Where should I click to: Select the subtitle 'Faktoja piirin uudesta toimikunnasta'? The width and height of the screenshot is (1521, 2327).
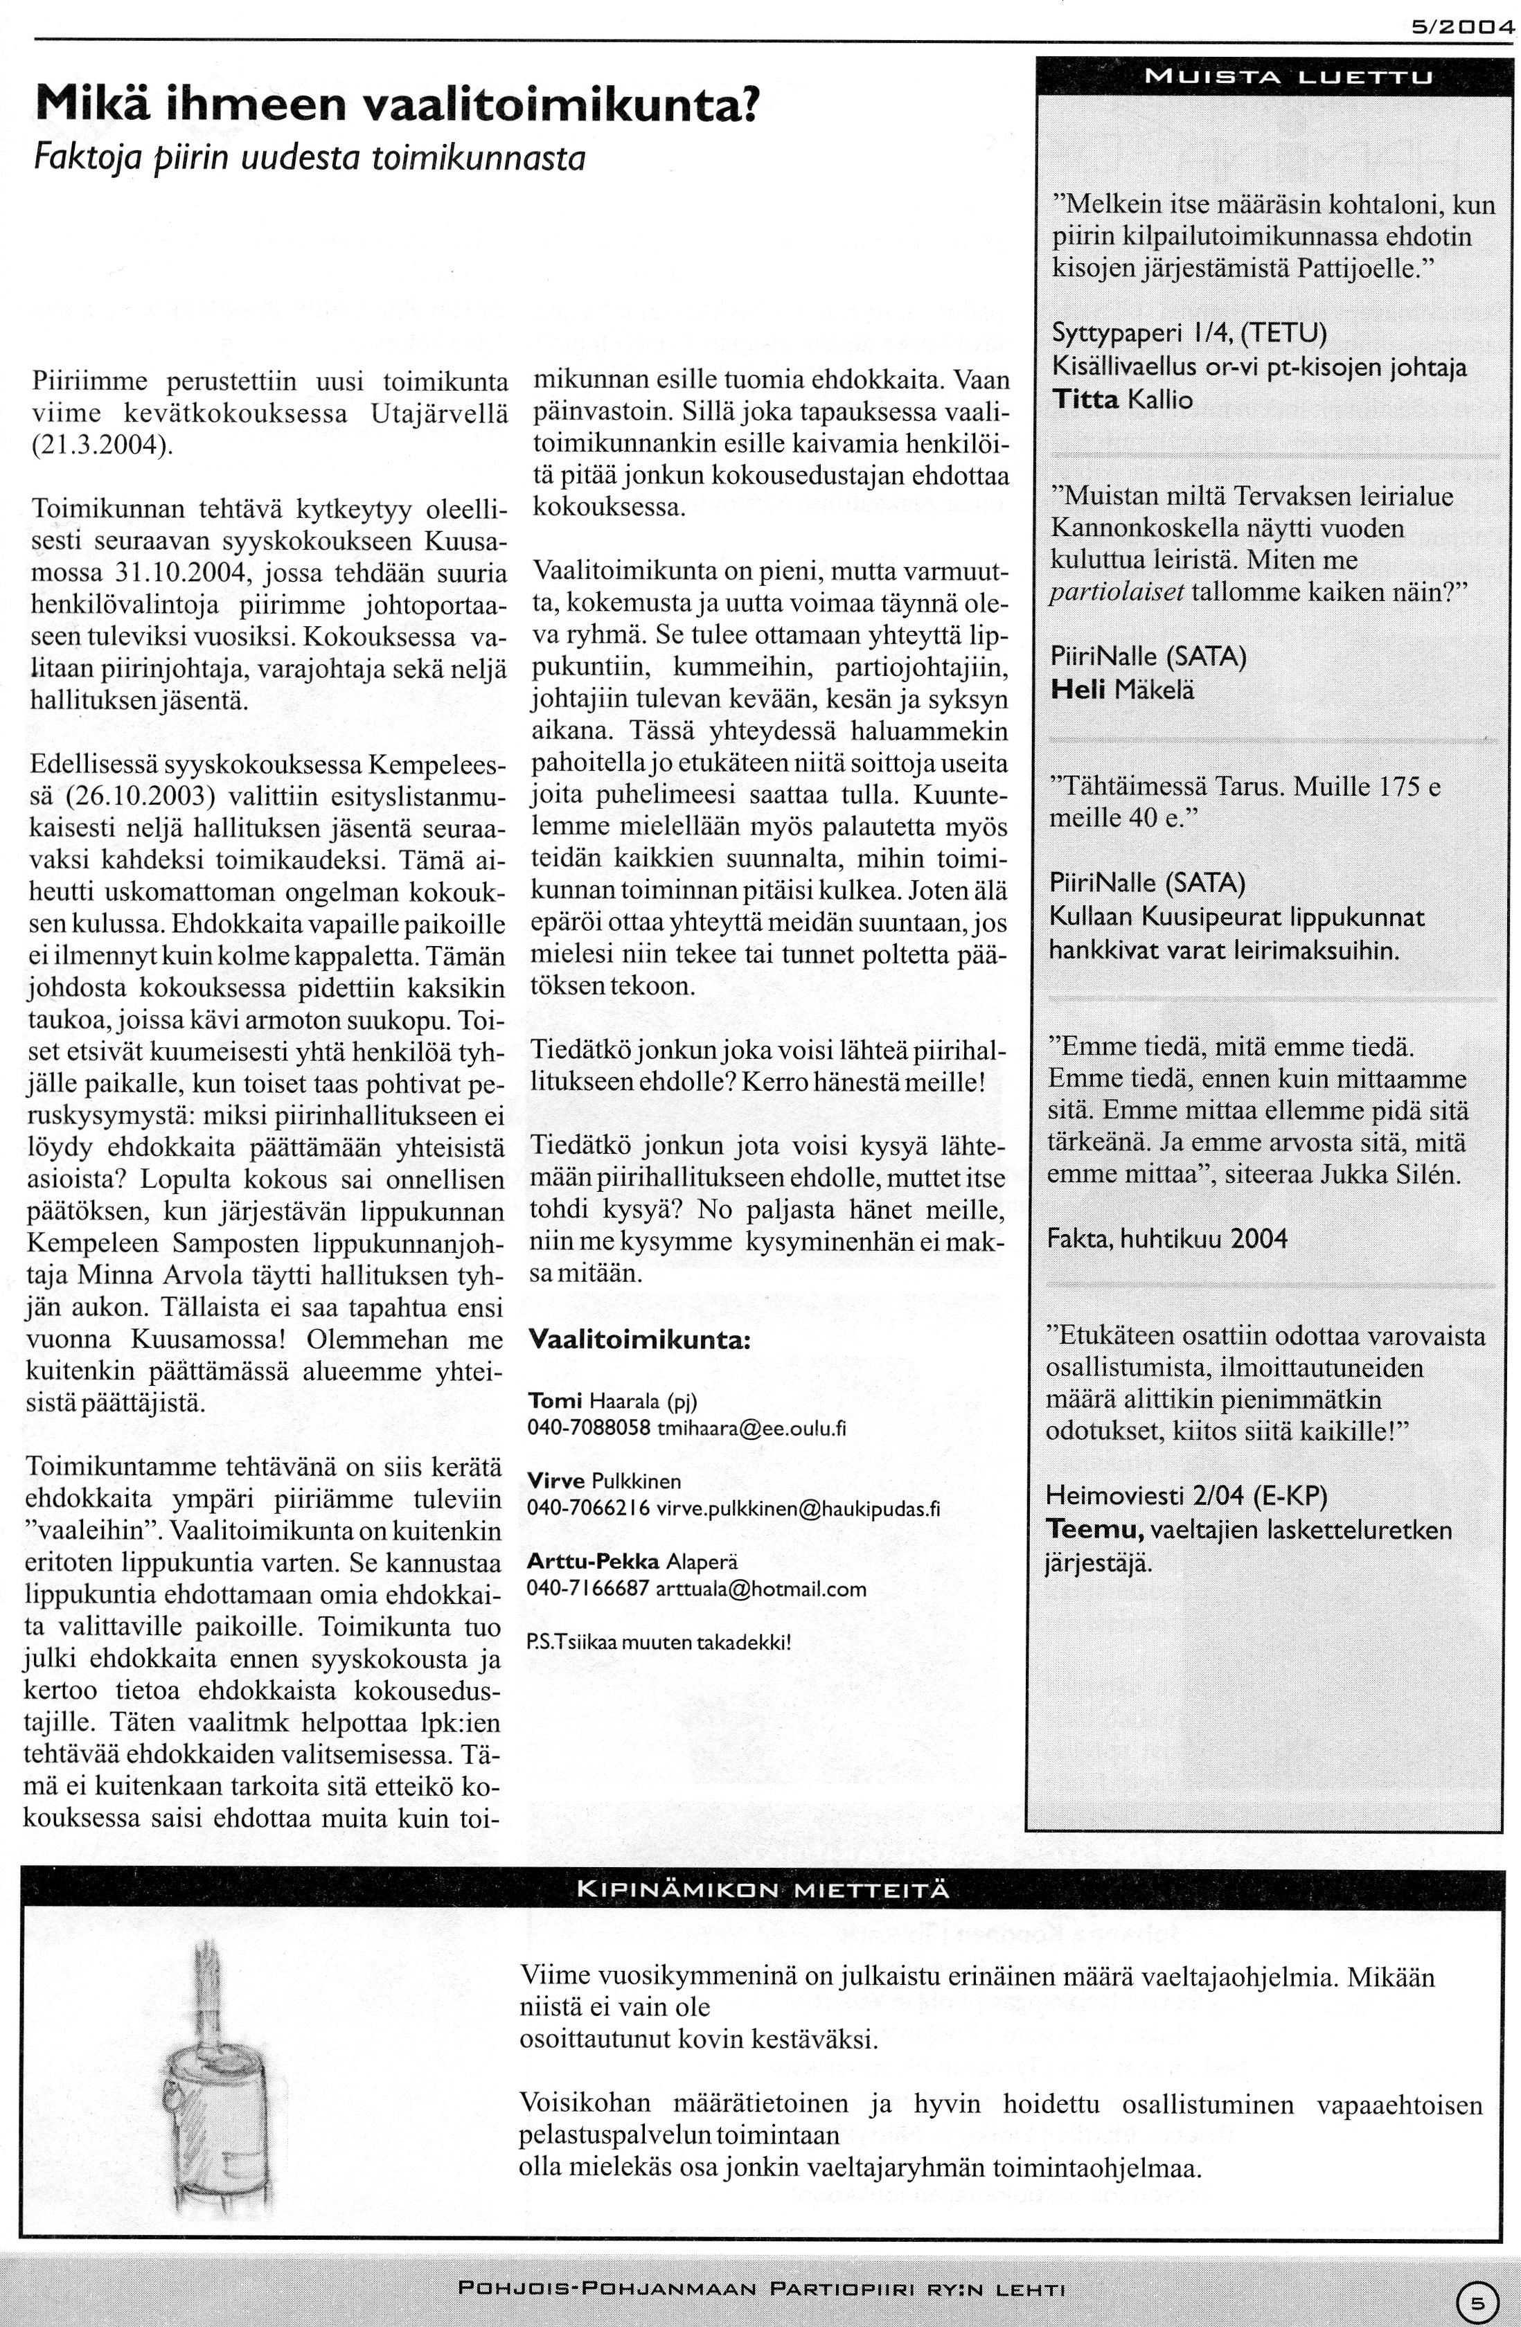click(x=309, y=157)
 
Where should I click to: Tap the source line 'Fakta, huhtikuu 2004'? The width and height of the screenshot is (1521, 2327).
click(x=1166, y=1240)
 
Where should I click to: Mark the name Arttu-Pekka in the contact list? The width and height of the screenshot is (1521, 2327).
click(x=592, y=1562)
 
